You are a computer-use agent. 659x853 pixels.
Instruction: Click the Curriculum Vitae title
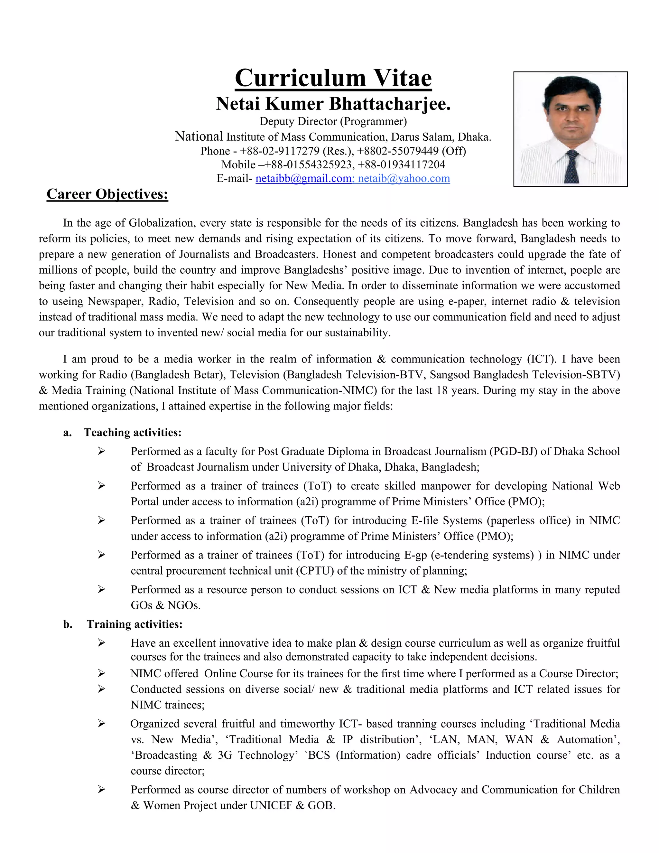pyautogui.click(x=333, y=78)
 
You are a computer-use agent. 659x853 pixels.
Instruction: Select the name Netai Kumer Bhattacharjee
pyautogui.click(x=333, y=104)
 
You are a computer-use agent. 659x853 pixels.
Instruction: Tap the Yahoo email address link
pyautogui.click(x=404, y=179)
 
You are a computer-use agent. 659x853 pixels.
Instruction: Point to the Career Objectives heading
pyautogui.click(x=107, y=194)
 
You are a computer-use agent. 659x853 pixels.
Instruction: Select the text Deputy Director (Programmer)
pyautogui.click(x=333, y=121)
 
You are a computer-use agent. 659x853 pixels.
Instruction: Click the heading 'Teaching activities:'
pyautogui.click(x=133, y=432)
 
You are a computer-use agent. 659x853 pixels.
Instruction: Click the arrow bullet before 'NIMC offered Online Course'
pyautogui.click(x=101, y=673)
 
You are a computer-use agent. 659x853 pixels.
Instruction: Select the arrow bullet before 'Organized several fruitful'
pyautogui.click(x=101, y=724)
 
